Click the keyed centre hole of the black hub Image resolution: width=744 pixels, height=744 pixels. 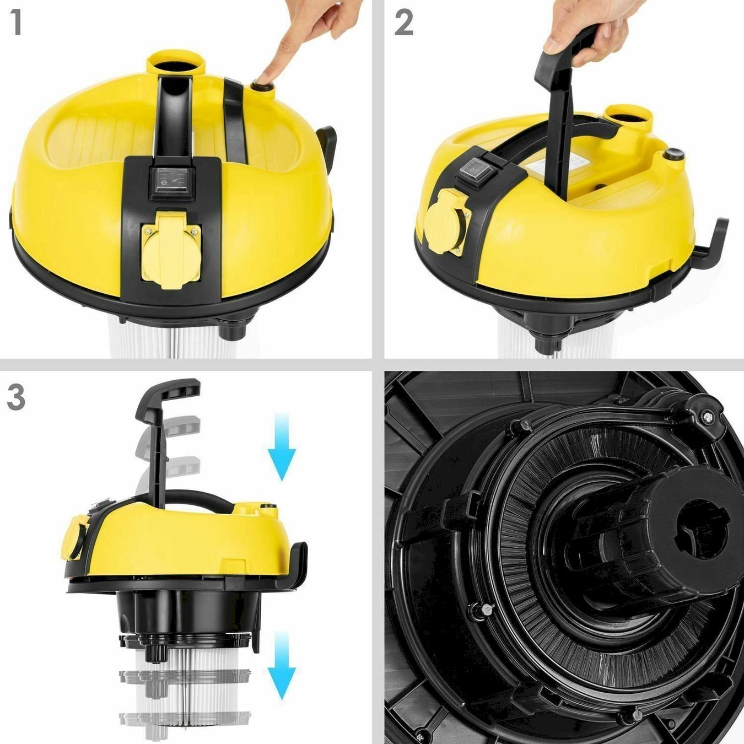(702, 529)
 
